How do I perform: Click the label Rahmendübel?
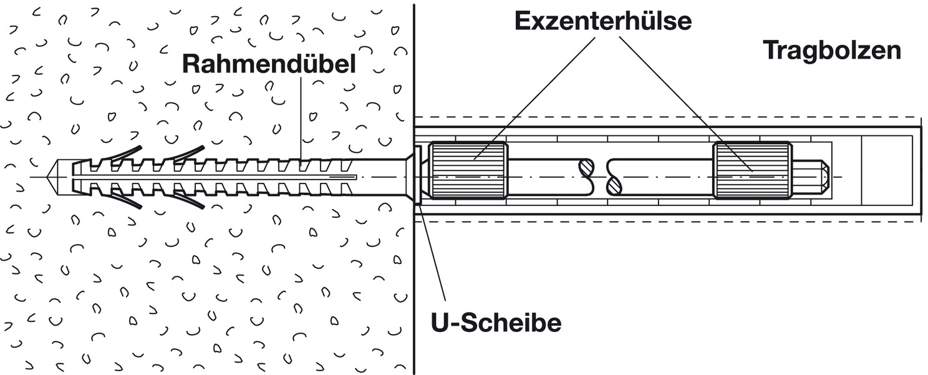coord(269,65)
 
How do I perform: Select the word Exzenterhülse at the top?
coord(602,21)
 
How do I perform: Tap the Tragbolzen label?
coord(832,50)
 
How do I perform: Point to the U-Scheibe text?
coord(496,323)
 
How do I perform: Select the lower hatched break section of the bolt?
coord(614,185)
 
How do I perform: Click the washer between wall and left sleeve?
coord(418,175)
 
